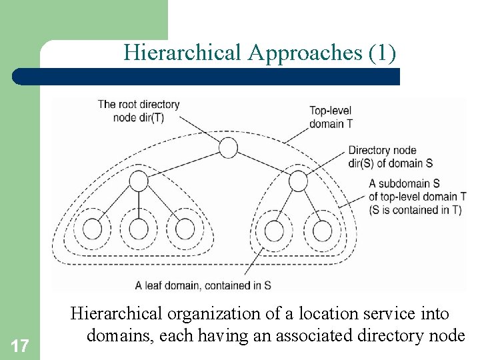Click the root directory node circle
pos(228,147)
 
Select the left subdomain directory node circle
pos(138,180)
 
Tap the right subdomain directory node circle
pos(298,180)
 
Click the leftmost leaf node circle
pos(93,230)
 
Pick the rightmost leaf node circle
pos(322,231)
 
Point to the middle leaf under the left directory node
pos(139,230)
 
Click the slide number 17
pos(20,345)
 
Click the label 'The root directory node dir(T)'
pos(139,111)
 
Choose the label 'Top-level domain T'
pos(331,117)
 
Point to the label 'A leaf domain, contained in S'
pos(203,285)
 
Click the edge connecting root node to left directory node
pos(183,164)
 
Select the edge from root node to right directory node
pos(263,164)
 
